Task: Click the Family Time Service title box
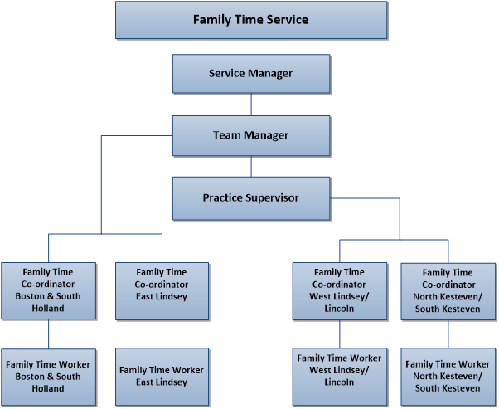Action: pyautogui.click(x=250, y=20)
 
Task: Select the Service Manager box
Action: pyautogui.click(x=250, y=73)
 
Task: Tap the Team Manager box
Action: pyautogui.click(x=250, y=135)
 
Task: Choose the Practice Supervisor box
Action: pyautogui.click(x=250, y=198)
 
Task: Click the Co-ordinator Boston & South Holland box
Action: pyautogui.click(x=48, y=290)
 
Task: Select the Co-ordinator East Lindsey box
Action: pyautogui.click(x=162, y=290)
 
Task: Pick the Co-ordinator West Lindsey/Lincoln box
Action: pyautogui.click(x=340, y=290)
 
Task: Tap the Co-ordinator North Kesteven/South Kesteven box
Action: pyautogui.click(x=448, y=290)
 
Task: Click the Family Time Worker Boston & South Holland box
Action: pyautogui.click(x=48, y=377)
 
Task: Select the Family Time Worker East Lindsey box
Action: pyautogui.click(x=162, y=377)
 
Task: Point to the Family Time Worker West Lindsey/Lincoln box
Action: pyautogui.click(x=340, y=377)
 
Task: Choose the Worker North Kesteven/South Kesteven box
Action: pyautogui.click(x=448, y=377)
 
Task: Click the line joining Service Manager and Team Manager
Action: pyautogui.click(x=251, y=104)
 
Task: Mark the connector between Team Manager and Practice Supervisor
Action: pyautogui.click(x=251, y=166)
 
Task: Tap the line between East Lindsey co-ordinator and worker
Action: pyautogui.click(x=162, y=334)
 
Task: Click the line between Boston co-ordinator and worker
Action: pyautogui.click(x=48, y=334)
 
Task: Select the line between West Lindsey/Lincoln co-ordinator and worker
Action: pyautogui.click(x=340, y=334)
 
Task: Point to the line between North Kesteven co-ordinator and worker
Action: pyautogui.click(x=448, y=334)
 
